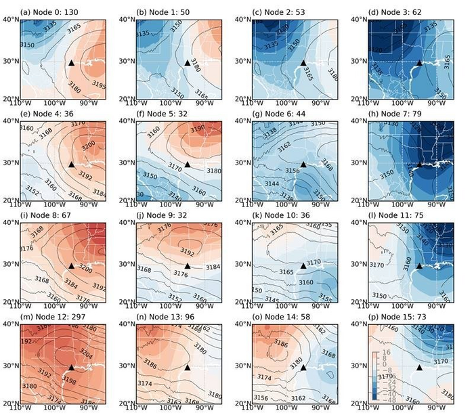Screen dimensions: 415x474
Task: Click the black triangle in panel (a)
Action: [71, 63]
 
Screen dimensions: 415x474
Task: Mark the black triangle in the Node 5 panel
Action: [188, 164]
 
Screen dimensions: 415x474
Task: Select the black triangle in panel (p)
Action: [420, 368]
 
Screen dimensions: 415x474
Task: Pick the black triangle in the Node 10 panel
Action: [303, 266]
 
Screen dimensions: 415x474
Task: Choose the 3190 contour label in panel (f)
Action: [197, 128]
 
